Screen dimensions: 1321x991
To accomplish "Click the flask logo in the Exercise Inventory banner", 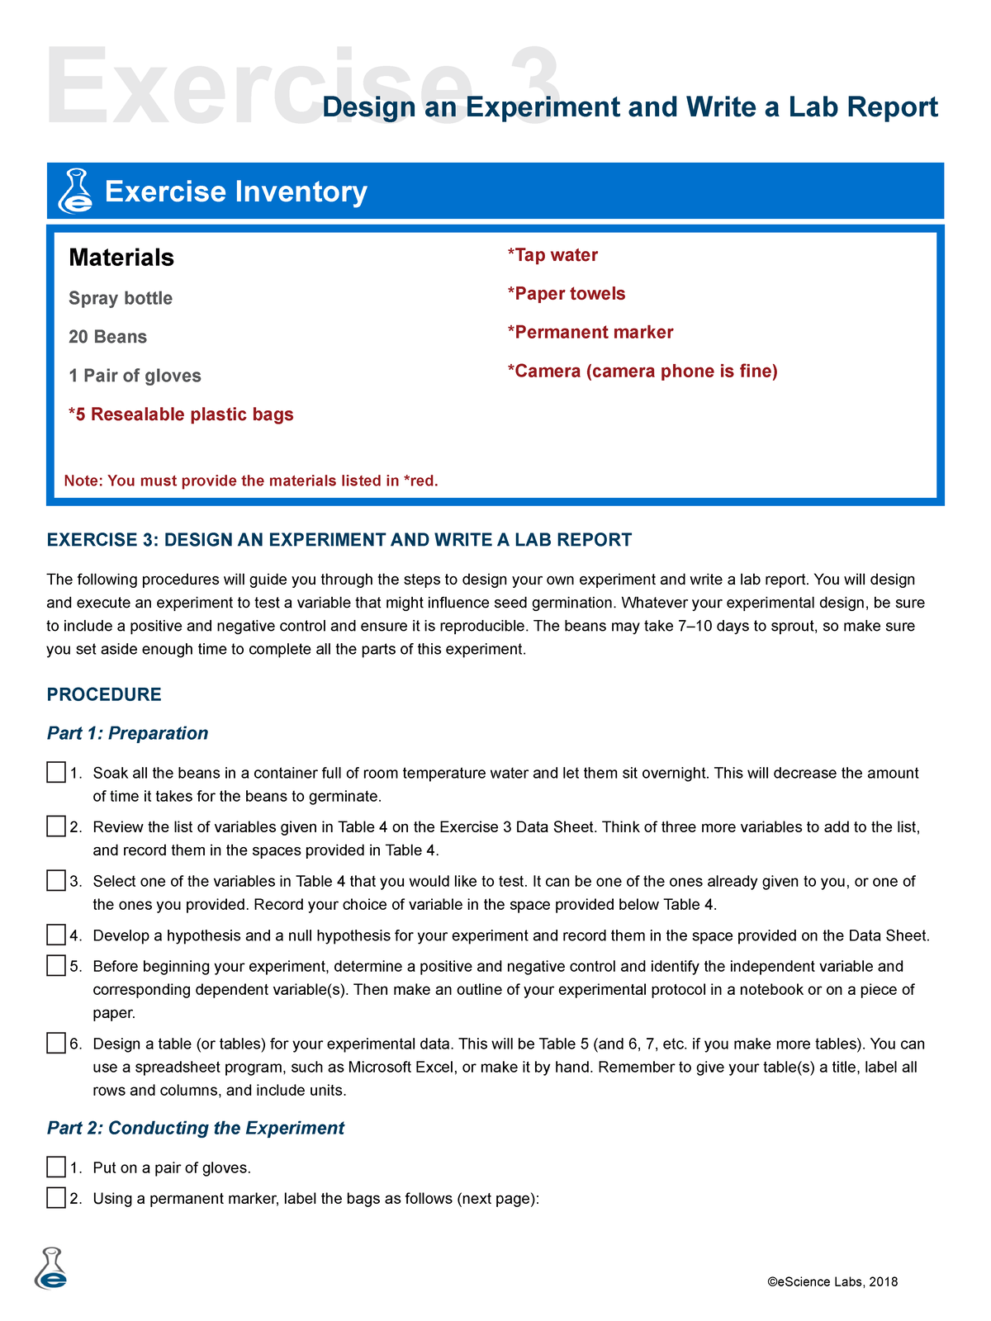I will pyautogui.click(x=75, y=192).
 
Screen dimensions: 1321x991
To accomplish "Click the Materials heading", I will pyautogui.click(x=121, y=258).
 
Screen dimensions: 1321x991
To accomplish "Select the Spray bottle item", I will pyautogui.click(x=121, y=298).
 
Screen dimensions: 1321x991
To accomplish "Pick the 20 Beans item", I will pyautogui.click(x=107, y=337).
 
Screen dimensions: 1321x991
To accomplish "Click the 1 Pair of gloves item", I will pyautogui.click(x=135, y=376).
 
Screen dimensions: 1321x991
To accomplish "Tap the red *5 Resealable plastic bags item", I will pyautogui.click(x=181, y=414).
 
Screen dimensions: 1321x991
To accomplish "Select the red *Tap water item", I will pyautogui.click(x=552, y=255).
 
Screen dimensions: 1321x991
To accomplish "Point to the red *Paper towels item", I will pyautogui.click(x=567, y=294).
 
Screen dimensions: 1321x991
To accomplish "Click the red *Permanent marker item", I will pyautogui.click(x=590, y=332).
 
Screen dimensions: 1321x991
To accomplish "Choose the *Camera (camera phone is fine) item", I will pyautogui.click(x=642, y=371).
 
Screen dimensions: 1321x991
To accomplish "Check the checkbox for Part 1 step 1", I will pyautogui.click(x=56, y=773).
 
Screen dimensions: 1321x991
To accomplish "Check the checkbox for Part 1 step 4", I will pyautogui.click(x=56, y=935).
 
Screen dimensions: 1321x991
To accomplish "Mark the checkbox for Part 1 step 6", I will pyautogui.click(x=56, y=1043).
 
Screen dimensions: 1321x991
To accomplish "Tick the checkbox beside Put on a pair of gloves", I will pyautogui.click(x=56, y=1167).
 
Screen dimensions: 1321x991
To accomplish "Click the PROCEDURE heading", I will pyautogui.click(x=104, y=694).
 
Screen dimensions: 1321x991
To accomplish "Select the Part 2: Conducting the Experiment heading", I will pyautogui.click(x=196, y=1128).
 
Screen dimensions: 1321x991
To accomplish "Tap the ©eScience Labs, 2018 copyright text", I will pyautogui.click(x=832, y=1282).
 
